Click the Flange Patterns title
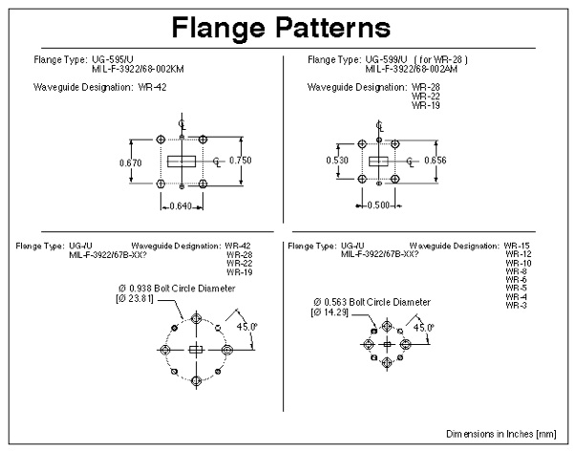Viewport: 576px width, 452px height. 281,28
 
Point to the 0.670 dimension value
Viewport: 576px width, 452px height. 131,162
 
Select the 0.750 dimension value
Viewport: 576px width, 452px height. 241,161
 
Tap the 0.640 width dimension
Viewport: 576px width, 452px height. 181,205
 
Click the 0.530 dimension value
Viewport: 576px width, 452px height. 337,161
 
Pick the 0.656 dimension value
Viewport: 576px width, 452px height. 436,161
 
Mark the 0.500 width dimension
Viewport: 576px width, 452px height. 378,205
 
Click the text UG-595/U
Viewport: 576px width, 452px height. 113,59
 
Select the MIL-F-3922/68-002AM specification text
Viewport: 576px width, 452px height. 411,69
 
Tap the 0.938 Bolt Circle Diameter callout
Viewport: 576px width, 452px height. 177,289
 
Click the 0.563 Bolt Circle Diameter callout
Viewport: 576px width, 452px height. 372,302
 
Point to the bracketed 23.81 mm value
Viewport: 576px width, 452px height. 135,298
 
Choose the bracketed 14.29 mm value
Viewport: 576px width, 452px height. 330,312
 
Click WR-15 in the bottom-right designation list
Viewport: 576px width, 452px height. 517,246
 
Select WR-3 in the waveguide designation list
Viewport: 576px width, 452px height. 516,306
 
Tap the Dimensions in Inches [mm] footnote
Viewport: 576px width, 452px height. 501,434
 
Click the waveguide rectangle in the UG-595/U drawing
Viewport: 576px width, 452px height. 181,161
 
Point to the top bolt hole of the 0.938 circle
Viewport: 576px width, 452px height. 196,318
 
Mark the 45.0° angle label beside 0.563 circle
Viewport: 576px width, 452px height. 423,328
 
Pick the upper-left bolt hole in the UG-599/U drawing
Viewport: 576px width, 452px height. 362,144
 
